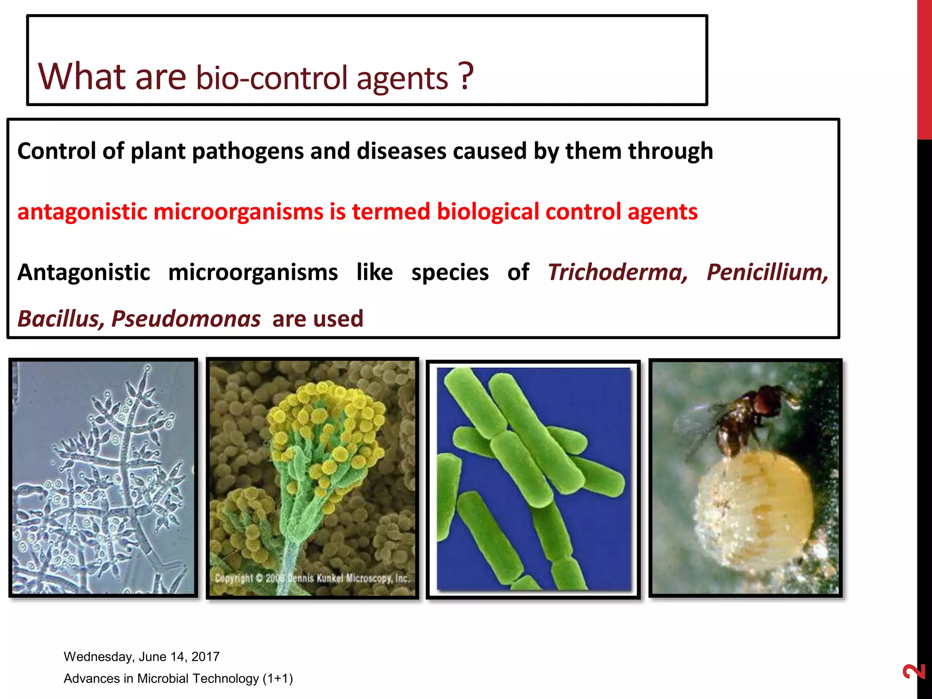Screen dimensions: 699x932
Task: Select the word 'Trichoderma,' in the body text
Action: coord(618,273)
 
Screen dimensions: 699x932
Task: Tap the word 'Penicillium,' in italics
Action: coord(767,273)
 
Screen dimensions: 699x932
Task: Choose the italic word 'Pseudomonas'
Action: coord(186,319)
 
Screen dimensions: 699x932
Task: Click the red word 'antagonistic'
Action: coord(82,212)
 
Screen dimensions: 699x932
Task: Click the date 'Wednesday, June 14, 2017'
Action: coord(142,656)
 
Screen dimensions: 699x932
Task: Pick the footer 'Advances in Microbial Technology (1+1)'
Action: coord(178,678)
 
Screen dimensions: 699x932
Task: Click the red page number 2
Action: coord(914,671)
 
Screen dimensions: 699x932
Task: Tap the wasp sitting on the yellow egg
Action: coord(746,416)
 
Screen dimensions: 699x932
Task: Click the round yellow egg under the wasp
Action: coord(755,505)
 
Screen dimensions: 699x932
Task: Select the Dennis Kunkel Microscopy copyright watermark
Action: coord(312,578)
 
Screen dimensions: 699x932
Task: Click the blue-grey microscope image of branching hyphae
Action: coord(103,478)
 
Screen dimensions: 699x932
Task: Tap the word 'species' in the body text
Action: coord(450,273)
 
